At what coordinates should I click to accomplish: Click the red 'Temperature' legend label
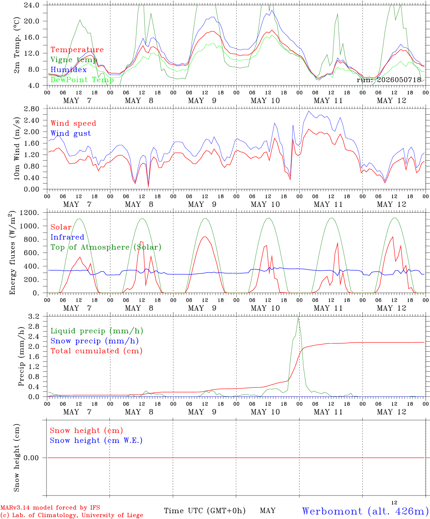(77, 50)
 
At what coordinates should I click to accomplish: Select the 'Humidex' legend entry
(68, 70)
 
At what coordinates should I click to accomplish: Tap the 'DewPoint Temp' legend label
(82, 80)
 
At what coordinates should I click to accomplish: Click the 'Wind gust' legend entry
(71, 133)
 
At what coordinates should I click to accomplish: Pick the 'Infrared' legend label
(67, 237)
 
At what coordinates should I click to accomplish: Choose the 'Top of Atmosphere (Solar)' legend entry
(106, 247)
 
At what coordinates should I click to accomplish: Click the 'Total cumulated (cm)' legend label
(97, 351)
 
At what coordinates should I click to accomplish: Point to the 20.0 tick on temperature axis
(32, 21)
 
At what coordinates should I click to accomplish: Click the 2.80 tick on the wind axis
(32, 109)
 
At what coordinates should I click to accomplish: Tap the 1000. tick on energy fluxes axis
(30, 226)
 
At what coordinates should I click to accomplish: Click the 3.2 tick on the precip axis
(33, 316)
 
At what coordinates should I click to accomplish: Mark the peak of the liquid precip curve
(298, 318)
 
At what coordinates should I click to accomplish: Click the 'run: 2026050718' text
(389, 80)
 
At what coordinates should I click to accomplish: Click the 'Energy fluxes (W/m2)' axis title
(12, 253)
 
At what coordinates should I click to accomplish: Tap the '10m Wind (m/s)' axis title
(17, 148)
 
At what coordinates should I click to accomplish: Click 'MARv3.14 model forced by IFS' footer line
(50, 507)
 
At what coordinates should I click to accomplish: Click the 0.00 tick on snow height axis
(31, 458)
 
